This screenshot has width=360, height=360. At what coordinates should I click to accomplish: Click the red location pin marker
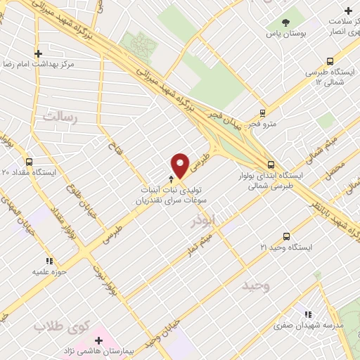(181, 165)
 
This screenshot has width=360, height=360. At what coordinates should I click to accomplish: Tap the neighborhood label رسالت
(59, 115)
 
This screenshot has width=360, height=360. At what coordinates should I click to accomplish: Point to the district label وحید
(256, 286)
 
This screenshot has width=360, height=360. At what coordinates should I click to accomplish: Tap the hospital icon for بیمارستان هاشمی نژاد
(99, 342)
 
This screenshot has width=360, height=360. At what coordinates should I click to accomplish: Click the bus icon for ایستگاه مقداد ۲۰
(27, 161)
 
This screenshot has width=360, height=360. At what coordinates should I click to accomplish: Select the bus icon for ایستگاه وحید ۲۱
(285, 237)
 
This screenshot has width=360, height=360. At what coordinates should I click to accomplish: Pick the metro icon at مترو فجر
(263, 112)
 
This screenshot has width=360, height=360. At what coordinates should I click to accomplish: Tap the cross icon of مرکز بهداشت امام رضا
(39, 53)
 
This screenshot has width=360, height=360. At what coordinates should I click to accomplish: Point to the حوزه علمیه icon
(49, 261)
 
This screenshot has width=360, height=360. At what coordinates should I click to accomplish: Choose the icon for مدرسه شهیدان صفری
(307, 315)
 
